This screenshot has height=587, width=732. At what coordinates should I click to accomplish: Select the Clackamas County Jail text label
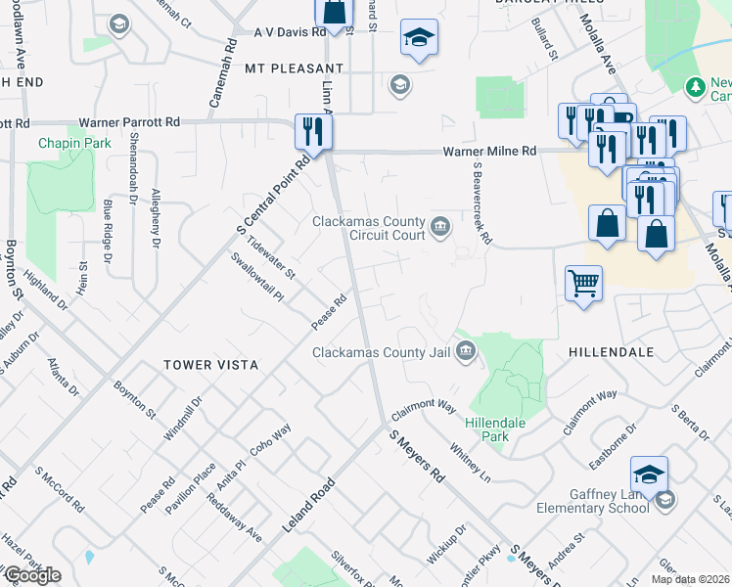click(383, 352)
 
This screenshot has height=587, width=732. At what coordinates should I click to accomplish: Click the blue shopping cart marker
click(583, 283)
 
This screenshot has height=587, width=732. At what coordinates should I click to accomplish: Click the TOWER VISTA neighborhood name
click(210, 365)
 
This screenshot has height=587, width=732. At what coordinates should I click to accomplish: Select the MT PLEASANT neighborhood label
click(280, 69)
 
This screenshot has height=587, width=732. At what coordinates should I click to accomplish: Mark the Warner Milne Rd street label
click(489, 152)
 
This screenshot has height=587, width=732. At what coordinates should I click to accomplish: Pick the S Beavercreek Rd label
click(480, 203)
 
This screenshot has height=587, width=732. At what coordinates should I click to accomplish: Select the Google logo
click(32, 576)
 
